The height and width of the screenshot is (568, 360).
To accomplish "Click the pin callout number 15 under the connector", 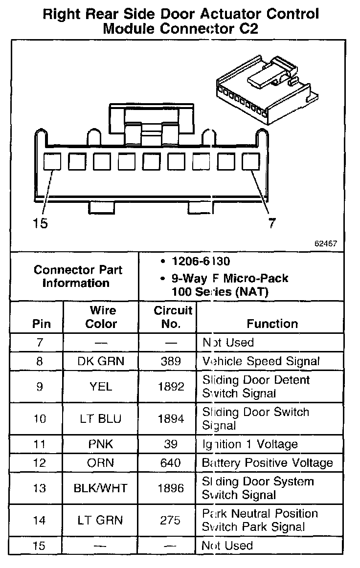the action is (40, 224).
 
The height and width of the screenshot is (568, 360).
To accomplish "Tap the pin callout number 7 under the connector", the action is (272, 223).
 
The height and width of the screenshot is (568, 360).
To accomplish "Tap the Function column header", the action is (272, 324).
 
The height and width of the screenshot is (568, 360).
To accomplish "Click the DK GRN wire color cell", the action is (101, 362).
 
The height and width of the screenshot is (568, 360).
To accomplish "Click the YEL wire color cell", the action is (101, 387).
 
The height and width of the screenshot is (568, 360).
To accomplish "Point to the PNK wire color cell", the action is (101, 444).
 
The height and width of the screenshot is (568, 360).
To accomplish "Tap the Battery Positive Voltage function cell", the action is (267, 463).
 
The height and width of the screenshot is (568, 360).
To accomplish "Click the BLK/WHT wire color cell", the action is (101, 488).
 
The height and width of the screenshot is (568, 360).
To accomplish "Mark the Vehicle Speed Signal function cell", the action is (261, 362).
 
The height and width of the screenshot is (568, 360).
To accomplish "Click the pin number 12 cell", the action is (40, 463).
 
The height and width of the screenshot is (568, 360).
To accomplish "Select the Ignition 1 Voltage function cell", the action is (249, 444).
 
